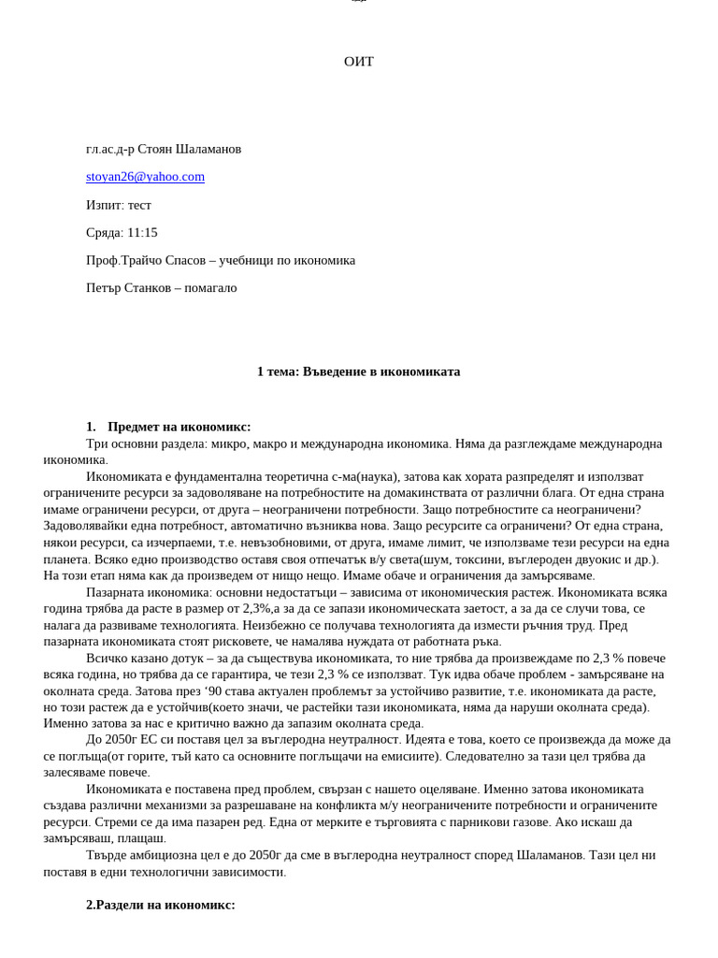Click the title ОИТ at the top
[x=358, y=62]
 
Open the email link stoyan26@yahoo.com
[x=145, y=177]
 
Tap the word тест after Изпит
[x=139, y=205]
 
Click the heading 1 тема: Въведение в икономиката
[x=358, y=371]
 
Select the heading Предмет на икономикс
[x=179, y=427]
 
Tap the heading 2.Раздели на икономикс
[x=160, y=905]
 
